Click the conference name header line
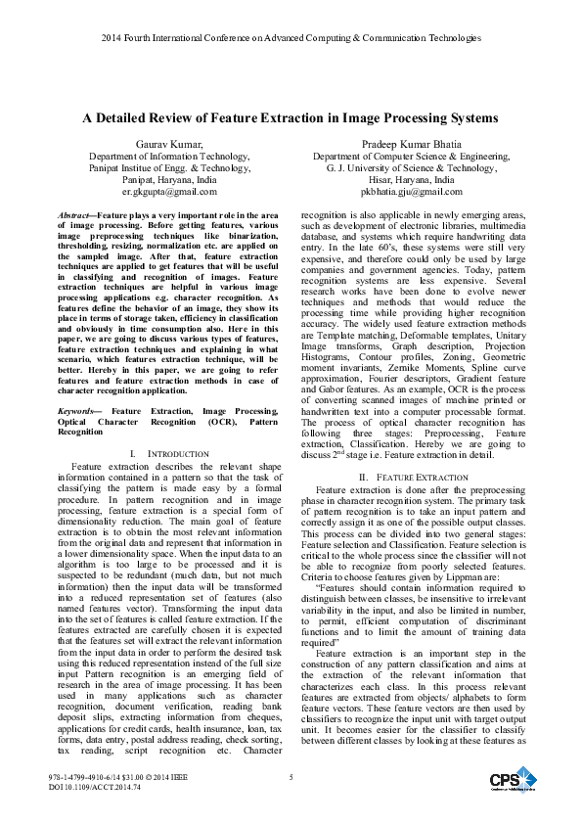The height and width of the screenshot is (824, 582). pyautogui.click(x=291, y=38)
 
